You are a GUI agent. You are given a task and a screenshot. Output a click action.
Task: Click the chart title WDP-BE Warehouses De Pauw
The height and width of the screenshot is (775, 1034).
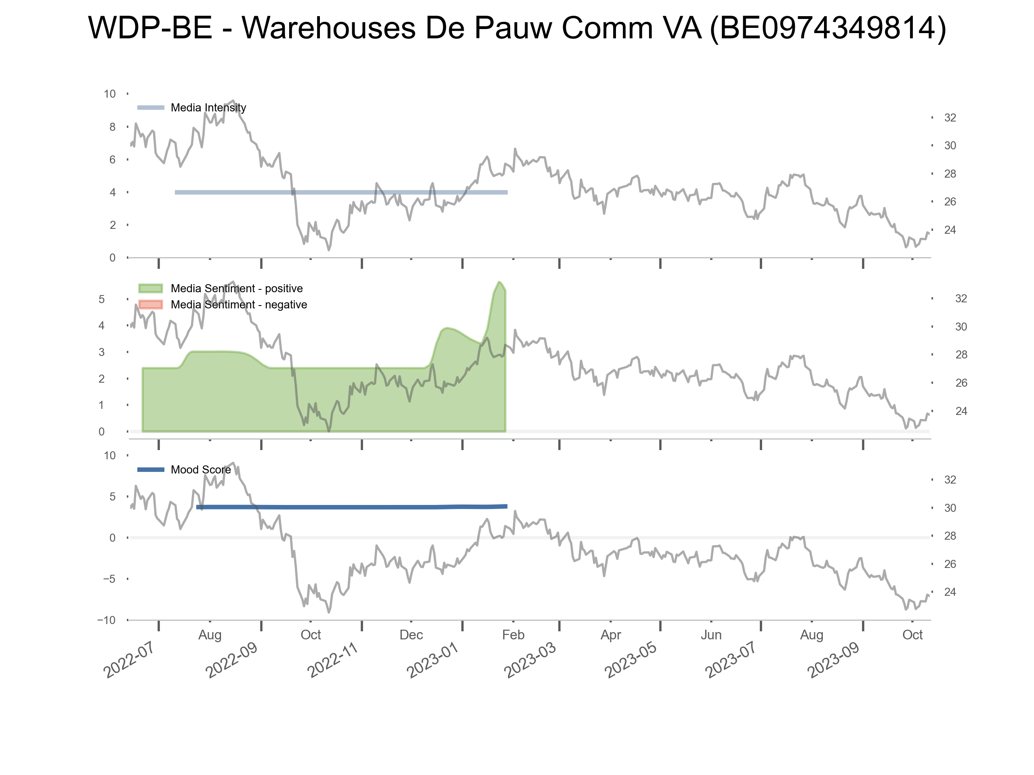pyautogui.click(x=517, y=28)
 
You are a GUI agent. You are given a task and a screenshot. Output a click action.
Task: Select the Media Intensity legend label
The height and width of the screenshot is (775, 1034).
pyautogui.click(x=208, y=108)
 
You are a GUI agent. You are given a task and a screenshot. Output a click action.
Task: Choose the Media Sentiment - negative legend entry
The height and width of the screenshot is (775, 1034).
pyautogui.click(x=238, y=305)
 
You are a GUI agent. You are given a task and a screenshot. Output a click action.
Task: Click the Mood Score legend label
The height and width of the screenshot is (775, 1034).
pyautogui.click(x=200, y=470)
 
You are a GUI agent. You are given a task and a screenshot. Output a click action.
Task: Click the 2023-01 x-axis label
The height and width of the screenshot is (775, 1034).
pyautogui.click(x=433, y=660)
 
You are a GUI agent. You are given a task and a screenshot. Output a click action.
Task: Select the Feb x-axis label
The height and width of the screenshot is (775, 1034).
pyautogui.click(x=513, y=635)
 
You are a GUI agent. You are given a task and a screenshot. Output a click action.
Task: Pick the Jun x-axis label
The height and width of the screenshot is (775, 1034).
pyautogui.click(x=711, y=635)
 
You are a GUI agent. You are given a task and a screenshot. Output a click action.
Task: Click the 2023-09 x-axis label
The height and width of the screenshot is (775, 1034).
pyautogui.click(x=834, y=660)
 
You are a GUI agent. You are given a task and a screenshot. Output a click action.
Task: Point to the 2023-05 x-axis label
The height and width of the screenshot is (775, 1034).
pyautogui.click(x=630, y=660)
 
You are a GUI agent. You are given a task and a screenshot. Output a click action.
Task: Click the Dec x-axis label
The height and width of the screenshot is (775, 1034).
pyautogui.click(x=411, y=635)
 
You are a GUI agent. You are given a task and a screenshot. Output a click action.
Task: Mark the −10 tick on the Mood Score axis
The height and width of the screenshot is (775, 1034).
pyautogui.click(x=106, y=620)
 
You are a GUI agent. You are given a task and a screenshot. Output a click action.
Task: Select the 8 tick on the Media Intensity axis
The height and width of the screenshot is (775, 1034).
pyautogui.click(x=112, y=127)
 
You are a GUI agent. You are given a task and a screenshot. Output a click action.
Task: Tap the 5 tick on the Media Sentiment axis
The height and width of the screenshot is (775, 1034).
pyautogui.click(x=101, y=300)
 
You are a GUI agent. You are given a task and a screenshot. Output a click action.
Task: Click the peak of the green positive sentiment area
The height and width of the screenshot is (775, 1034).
pyautogui.click(x=499, y=282)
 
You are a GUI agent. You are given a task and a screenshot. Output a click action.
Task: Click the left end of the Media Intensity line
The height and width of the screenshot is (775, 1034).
pyautogui.click(x=176, y=193)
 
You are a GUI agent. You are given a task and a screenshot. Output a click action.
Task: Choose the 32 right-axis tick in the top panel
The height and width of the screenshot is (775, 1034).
pyautogui.click(x=950, y=118)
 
